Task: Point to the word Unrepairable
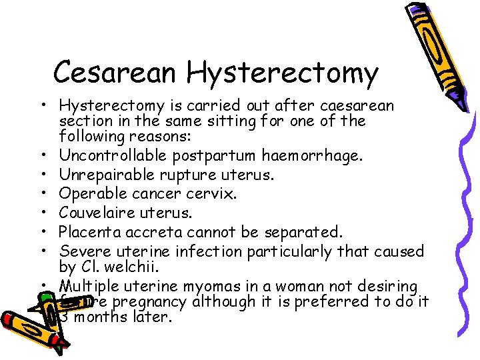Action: [x=107, y=175]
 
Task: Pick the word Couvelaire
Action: [x=98, y=213]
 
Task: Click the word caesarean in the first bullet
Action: [x=357, y=105]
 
